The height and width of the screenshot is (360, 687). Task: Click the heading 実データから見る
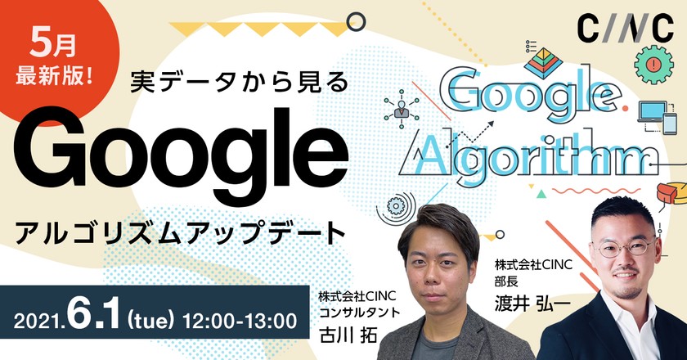pos(240,81)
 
